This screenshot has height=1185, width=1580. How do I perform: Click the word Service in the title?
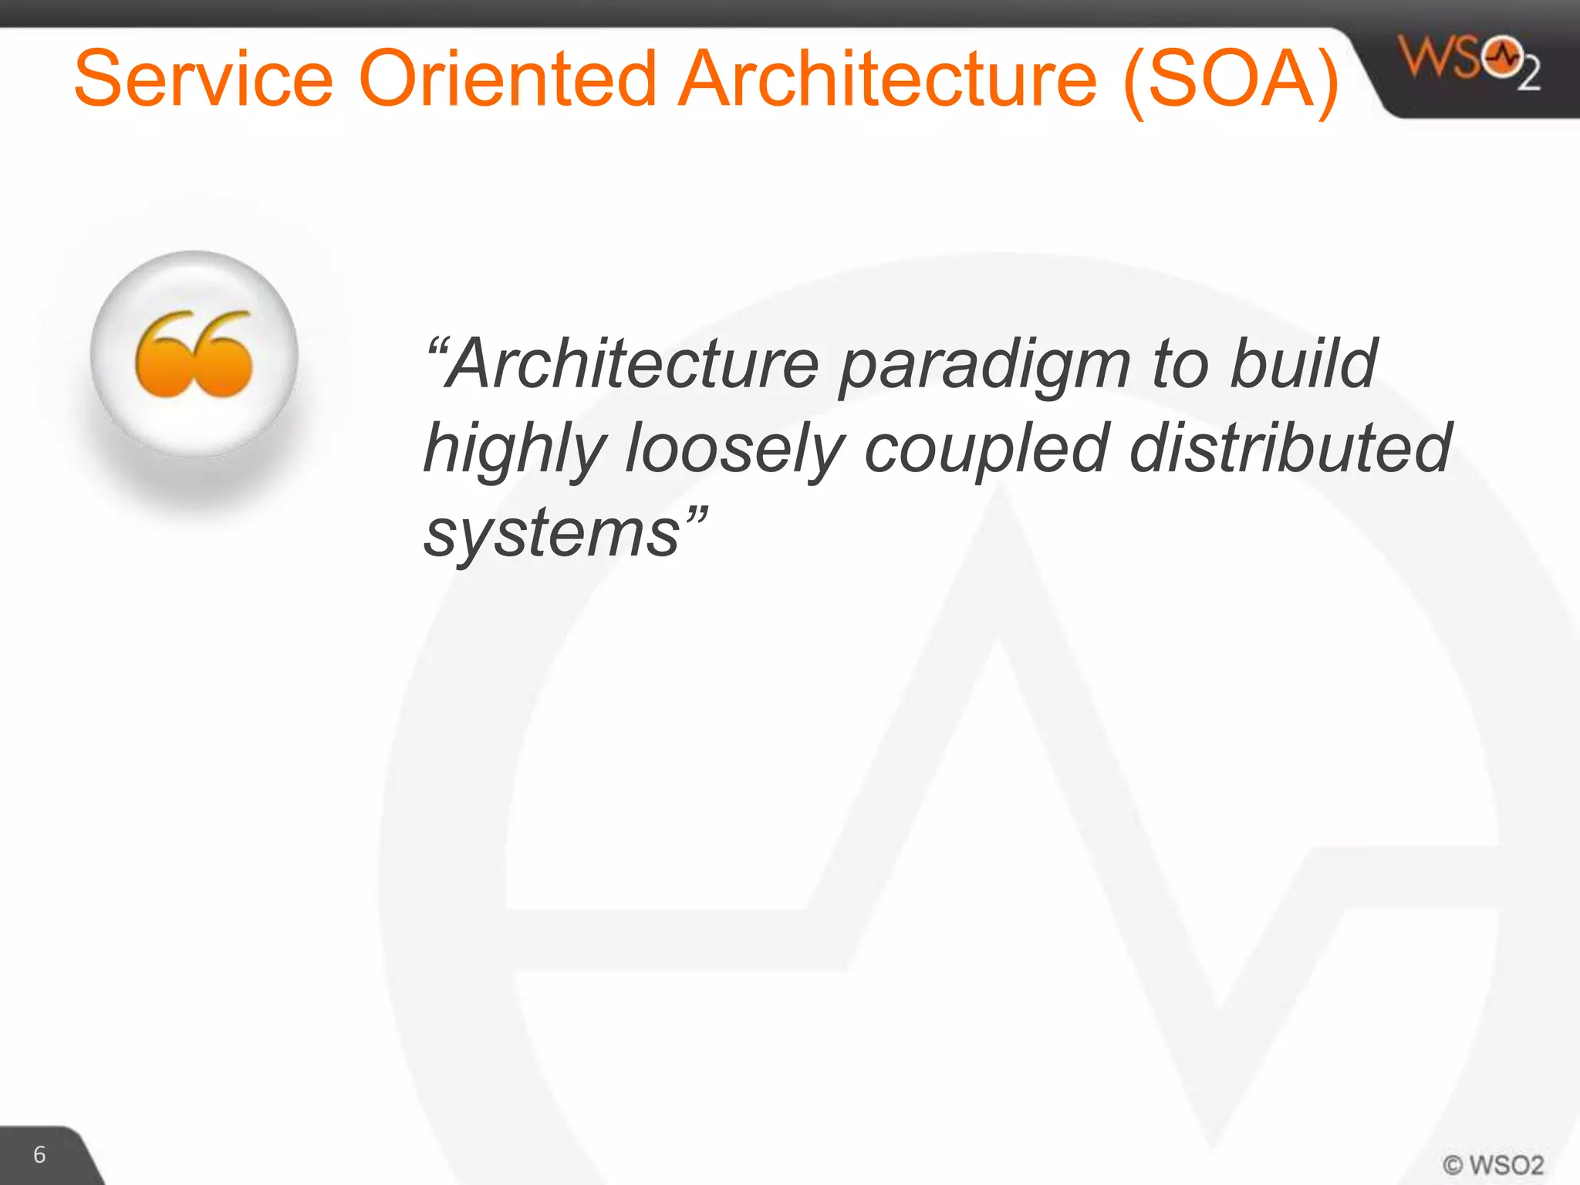point(204,79)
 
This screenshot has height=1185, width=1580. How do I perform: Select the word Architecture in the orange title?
point(887,79)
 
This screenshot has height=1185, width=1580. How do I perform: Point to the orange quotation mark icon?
point(194,354)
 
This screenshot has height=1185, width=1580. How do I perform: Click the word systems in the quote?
point(552,534)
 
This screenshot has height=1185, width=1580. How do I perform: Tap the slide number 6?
point(39,1154)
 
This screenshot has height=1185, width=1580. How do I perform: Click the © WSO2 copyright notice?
point(1493,1164)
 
